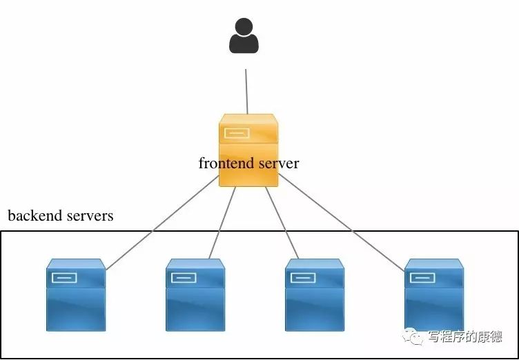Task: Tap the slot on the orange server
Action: click(236, 133)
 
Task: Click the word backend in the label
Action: click(35, 216)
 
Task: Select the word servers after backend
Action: click(90, 216)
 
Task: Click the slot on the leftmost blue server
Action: click(63, 278)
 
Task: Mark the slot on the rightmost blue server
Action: click(422, 278)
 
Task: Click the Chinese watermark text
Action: click(464, 337)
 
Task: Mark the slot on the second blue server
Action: click(183, 278)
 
